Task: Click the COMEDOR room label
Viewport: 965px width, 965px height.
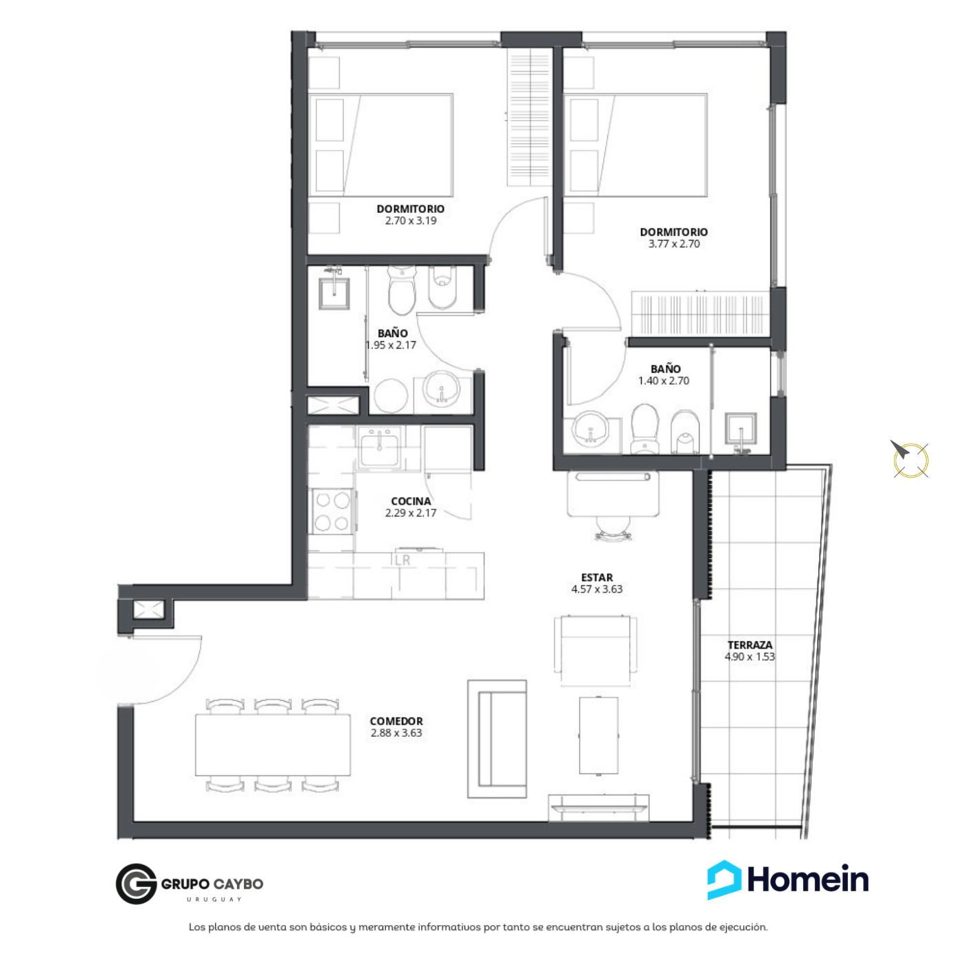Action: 396,721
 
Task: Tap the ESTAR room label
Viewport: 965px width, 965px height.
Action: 597,578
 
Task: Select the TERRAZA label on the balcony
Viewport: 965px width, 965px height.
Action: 750,645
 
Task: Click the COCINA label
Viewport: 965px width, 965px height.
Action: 411,501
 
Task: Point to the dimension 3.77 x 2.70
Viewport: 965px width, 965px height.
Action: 674,244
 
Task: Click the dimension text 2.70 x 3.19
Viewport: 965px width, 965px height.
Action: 411,221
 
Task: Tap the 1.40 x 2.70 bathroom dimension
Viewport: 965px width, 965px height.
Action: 664,380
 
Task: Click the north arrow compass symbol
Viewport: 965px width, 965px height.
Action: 911,458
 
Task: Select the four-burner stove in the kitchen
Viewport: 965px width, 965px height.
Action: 332,511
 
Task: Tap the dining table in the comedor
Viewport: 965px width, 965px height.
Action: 273,744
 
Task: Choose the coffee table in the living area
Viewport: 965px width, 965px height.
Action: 598,735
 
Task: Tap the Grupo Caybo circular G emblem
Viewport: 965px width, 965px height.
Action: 136,884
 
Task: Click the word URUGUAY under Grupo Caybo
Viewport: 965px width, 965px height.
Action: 214,899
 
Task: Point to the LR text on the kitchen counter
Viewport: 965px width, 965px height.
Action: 402,560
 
